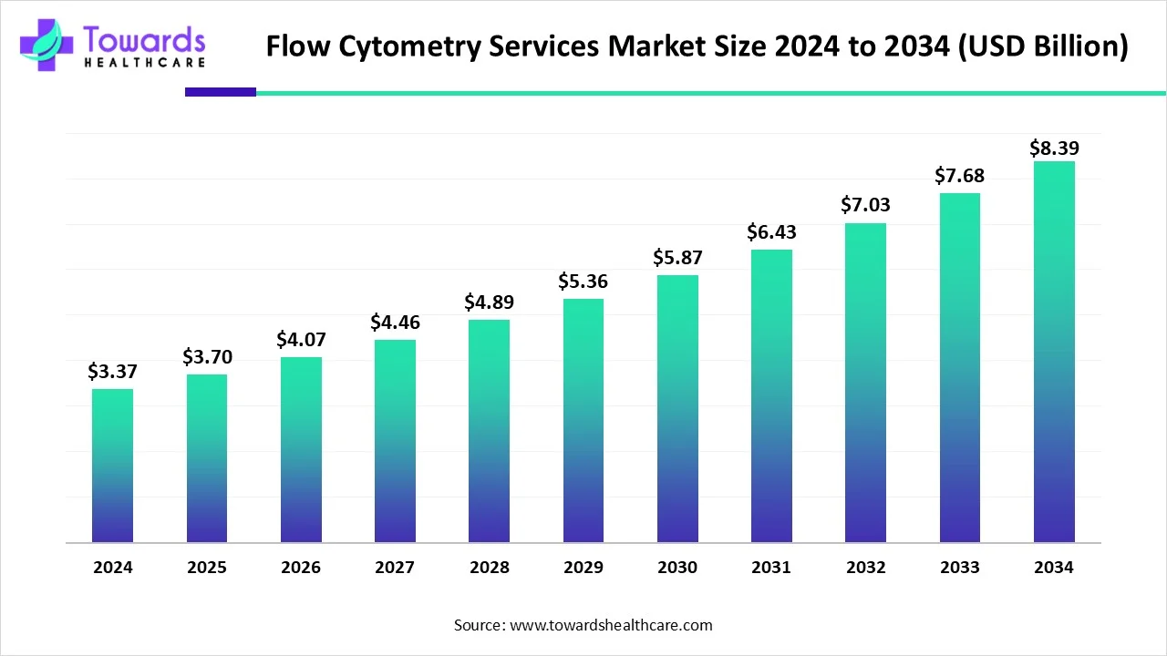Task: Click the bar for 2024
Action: (x=112, y=466)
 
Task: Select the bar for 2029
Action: (x=583, y=420)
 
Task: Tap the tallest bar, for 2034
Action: (x=1054, y=352)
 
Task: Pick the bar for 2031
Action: (x=771, y=395)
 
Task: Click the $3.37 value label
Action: (x=112, y=371)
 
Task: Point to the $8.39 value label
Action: (x=1054, y=148)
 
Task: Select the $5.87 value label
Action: (x=677, y=258)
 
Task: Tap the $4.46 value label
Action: (x=395, y=322)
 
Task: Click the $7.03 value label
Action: (x=865, y=205)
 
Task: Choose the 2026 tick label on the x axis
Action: (x=301, y=568)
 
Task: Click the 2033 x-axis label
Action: (x=959, y=568)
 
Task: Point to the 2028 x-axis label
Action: (x=490, y=568)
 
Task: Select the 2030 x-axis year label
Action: (x=677, y=568)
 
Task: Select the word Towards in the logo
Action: (x=144, y=38)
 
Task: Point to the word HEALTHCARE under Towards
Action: (x=144, y=63)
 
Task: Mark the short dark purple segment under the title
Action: (x=220, y=92)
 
